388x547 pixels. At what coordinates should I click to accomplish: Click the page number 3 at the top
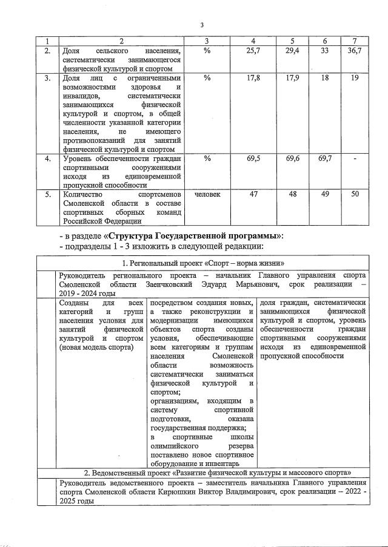coord(202,25)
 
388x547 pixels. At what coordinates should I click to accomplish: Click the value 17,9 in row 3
coord(293,78)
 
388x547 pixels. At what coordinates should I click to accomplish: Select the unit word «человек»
coord(207,194)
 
